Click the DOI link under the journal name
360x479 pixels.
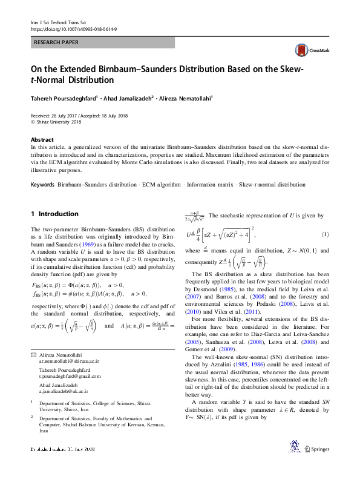pos(73,28)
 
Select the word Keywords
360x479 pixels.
pos(43,184)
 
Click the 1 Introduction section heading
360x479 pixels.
pos(54,214)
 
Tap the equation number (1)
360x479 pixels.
pos(325,234)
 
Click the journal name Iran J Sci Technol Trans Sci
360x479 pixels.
pos(61,22)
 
